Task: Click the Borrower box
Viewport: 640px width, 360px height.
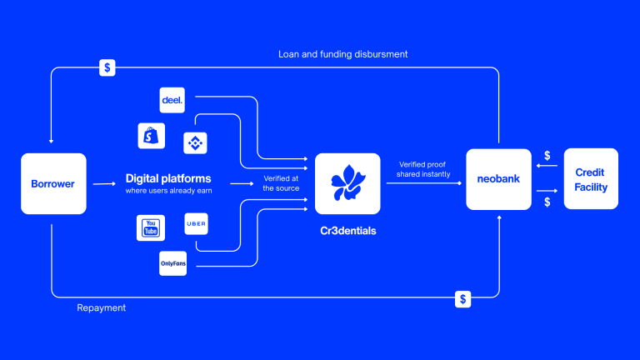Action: click(53, 183)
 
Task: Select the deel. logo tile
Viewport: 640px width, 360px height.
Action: click(172, 100)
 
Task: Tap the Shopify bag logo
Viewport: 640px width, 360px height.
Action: click(152, 136)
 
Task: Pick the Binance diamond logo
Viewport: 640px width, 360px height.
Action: click(195, 142)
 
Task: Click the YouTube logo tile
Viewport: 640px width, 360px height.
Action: click(151, 227)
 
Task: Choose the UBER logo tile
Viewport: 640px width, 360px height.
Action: click(197, 223)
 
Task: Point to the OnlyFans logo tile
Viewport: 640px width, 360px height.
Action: click(173, 263)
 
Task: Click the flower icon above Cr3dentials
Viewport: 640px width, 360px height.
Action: click(347, 183)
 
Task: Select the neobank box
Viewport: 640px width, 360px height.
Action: click(499, 179)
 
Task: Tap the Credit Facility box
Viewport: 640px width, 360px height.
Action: click(591, 179)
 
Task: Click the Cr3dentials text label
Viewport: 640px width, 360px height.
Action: click(348, 231)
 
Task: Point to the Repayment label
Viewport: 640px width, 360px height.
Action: click(101, 307)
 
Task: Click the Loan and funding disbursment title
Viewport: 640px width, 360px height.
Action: click(342, 54)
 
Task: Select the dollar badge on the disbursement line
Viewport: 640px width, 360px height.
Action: click(107, 67)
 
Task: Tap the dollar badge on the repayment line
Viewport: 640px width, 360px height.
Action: click(462, 299)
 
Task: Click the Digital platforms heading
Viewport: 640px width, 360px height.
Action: click(168, 178)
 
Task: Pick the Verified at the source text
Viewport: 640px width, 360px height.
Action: click(281, 183)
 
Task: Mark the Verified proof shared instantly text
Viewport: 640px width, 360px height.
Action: click(423, 169)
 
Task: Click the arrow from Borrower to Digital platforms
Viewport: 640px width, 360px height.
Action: click(104, 184)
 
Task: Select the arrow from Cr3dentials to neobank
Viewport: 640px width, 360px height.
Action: click(424, 183)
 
